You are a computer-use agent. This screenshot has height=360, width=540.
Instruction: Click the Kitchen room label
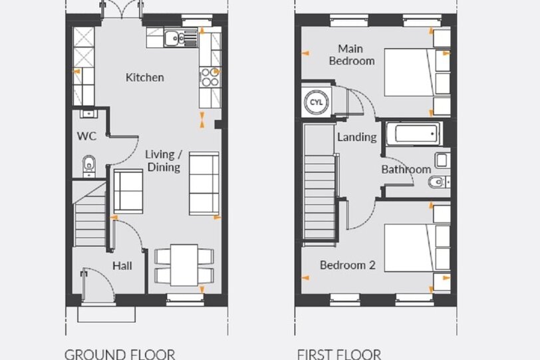tap(145, 77)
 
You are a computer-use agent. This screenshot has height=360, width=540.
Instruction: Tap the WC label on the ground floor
tap(86, 136)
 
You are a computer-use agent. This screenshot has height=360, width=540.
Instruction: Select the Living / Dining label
tap(164, 160)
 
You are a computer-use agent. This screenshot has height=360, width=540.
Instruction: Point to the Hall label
tap(122, 266)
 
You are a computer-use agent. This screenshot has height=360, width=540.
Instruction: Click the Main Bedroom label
tap(352, 55)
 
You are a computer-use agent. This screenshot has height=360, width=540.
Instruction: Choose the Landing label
tap(356, 137)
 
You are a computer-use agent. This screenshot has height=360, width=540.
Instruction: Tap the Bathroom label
tap(406, 169)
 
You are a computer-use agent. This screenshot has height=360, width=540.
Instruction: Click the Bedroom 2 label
tap(348, 265)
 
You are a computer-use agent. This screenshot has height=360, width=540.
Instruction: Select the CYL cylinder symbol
tap(316, 102)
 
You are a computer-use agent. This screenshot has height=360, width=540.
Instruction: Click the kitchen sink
tap(180, 38)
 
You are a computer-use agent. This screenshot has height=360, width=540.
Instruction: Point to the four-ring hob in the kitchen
tap(209, 77)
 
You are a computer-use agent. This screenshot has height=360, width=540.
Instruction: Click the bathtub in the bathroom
tap(414, 134)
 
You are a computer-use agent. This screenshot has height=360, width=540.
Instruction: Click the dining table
tap(184, 265)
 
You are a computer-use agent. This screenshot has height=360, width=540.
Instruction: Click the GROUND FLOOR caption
tap(120, 355)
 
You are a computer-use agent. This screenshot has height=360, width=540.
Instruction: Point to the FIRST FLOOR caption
tap(339, 355)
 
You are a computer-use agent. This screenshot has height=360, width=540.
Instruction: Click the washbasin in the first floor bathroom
tap(442, 160)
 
